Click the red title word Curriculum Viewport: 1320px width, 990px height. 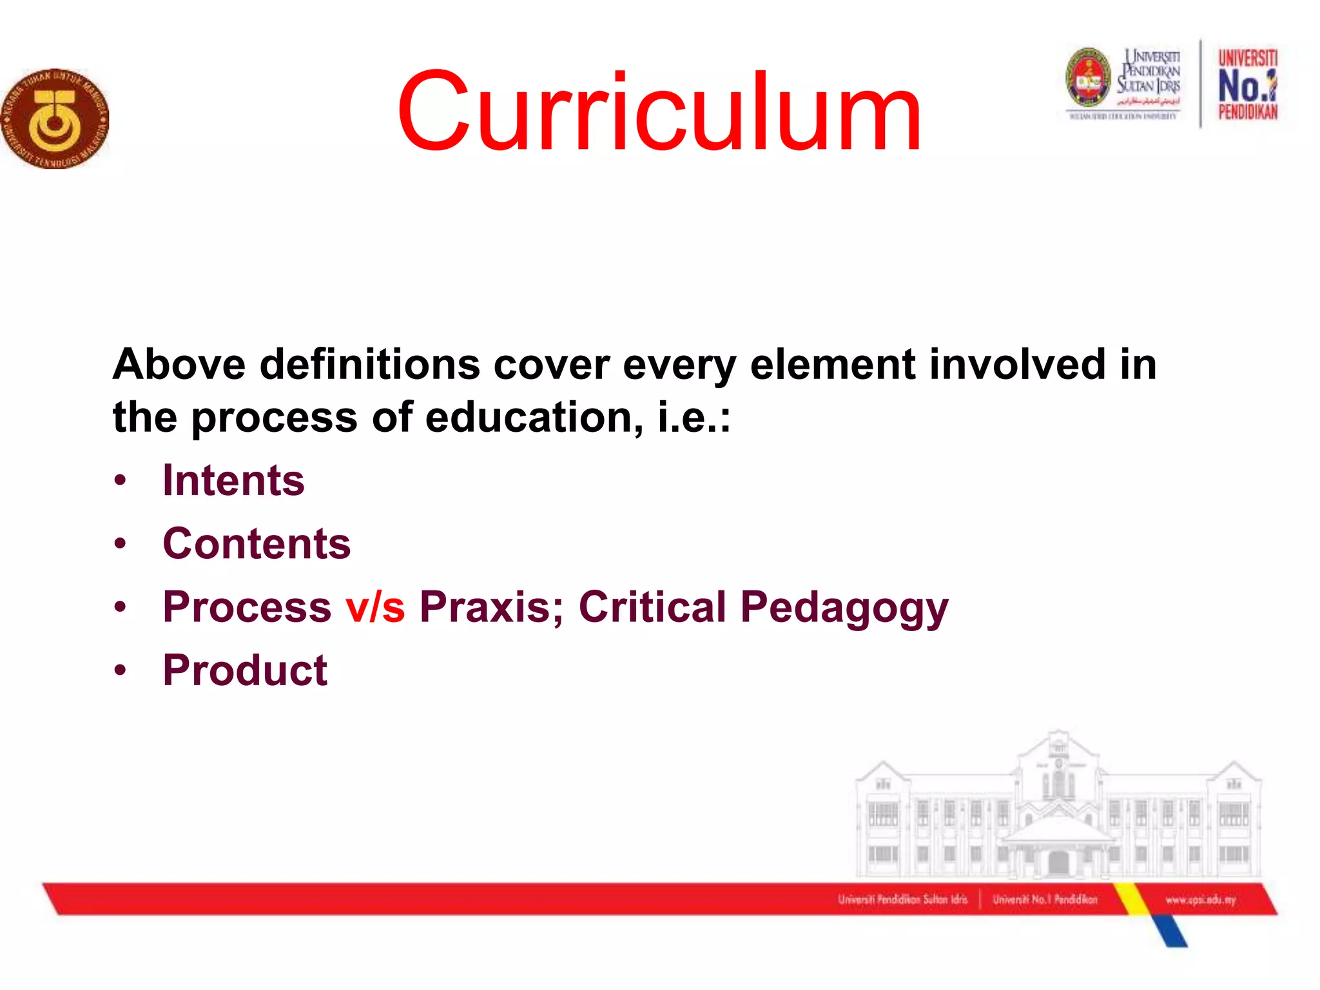coord(659,113)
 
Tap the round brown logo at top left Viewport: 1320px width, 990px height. coord(55,119)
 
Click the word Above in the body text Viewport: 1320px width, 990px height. coord(179,364)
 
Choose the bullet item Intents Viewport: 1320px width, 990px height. coord(233,481)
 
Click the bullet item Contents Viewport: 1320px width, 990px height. coord(257,544)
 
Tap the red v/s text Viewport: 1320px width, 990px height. coord(375,607)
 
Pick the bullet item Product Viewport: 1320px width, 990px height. coord(245,670)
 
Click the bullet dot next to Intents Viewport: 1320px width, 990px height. coord(120,481)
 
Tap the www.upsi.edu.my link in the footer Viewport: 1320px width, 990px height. coord(1200,900)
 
